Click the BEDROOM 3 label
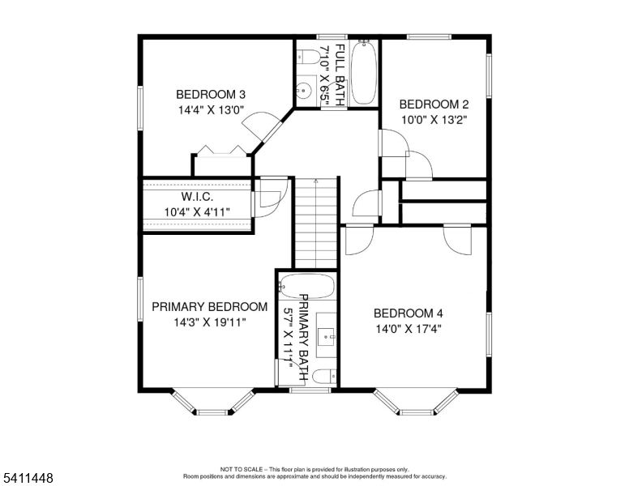click(x=211, y=95)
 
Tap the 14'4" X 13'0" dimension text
click(x=211, y=110)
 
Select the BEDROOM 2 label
click(x=434, y=104)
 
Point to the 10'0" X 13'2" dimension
click(x=434, y=120)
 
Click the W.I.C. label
click(x=197, y=197)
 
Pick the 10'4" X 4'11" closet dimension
click(x=197, y=211)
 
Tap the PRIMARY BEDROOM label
click(x=210, y=307)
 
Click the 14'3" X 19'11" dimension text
click(x=210, y=322)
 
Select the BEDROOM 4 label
click(x=409, y=313)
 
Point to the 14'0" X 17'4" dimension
click(x=409, y=329)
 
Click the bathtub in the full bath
click(x=364, y=73)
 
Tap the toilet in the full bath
click(x=307, y=57)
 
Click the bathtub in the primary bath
click(x=307, y=286)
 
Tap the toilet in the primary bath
click(x=324, y=377)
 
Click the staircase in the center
click(x=316, y=223)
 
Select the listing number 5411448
click(x=28, y=478)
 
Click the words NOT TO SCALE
click(x=242, y=469)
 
